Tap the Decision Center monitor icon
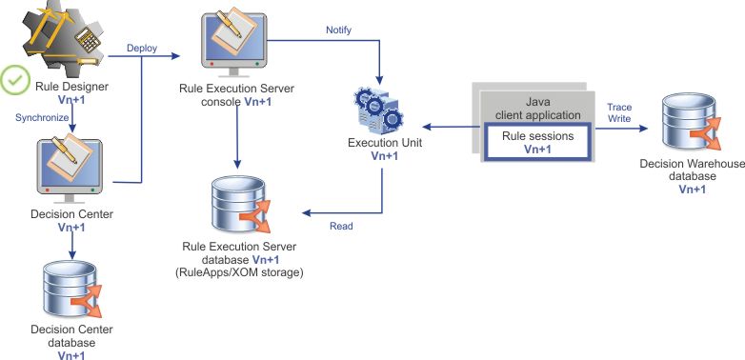click(69, 164)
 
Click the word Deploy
click(142, 48)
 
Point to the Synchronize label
click(41, 117)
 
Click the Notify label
click(339, 30)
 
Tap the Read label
click(342, 227)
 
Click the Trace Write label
click(619, 113)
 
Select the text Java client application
click(539, 109)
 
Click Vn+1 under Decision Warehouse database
click(692, 190)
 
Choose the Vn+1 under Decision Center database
click(71, 354)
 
